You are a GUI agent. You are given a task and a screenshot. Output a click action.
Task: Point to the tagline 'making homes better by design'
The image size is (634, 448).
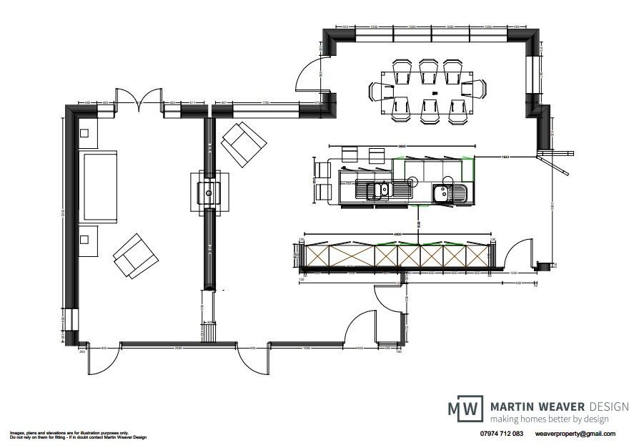click(549, 419)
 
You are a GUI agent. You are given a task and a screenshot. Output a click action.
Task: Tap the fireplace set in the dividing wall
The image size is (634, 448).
click(209, 193)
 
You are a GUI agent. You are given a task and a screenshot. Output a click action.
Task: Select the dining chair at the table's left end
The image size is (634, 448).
click(379, 91)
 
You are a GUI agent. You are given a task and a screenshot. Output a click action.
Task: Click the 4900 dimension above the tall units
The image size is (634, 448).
click(397, 233)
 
